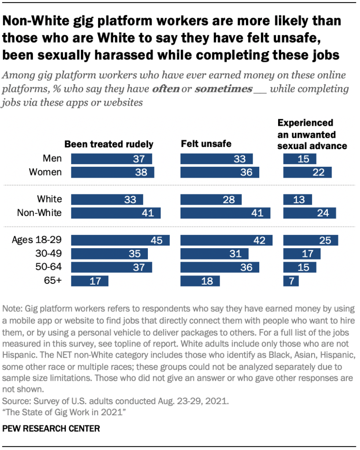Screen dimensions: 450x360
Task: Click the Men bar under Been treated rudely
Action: (x=111, y=158)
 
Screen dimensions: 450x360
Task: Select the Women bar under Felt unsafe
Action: (x=219, y=172)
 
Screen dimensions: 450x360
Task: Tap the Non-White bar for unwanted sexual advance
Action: (x=309, y=213)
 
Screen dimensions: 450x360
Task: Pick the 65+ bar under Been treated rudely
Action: (x=89, y=281)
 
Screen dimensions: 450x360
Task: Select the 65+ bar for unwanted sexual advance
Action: (x=291, y=281)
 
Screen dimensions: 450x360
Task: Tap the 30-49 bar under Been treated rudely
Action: (x=109, y=254)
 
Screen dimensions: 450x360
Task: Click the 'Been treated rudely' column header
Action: (x=109, y=144)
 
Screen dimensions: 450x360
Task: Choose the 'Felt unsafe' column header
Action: (x=206, y=144)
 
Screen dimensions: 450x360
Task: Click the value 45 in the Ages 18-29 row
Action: (x=156, y=240)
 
